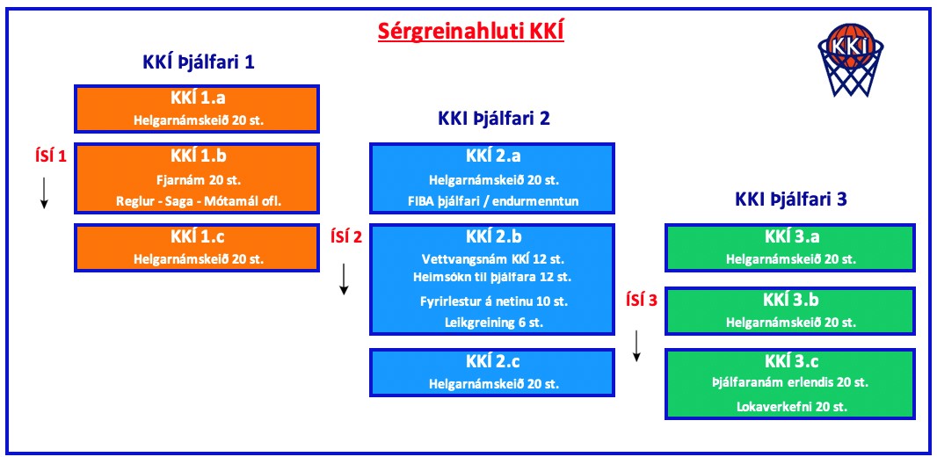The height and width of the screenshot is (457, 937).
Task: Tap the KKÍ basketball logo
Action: (850, 60)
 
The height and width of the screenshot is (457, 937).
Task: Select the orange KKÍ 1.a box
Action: (197, 109)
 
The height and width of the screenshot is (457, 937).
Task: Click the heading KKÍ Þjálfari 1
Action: (199, 62)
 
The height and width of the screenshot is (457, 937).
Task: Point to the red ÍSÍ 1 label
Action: (49, 156)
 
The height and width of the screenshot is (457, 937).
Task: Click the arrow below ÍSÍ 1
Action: (44, 193)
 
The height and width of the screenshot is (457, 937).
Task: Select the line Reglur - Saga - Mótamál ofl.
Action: (199, 201)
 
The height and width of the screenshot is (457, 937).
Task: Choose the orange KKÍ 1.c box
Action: (197, 247)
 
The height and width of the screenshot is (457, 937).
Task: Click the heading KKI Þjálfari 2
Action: (494, 119)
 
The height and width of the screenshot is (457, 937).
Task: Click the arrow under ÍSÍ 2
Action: (344, 279)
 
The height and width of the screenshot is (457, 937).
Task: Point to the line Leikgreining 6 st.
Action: (493, 323)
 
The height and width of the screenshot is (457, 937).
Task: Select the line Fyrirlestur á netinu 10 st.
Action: (494, 301)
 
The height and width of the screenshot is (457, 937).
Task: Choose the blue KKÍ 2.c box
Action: (492, 372)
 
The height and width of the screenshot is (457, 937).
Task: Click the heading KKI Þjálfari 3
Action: (790, 200)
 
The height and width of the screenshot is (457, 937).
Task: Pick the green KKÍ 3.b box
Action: (790, 310)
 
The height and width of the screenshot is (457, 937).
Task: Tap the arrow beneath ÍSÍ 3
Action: (637, 346)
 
